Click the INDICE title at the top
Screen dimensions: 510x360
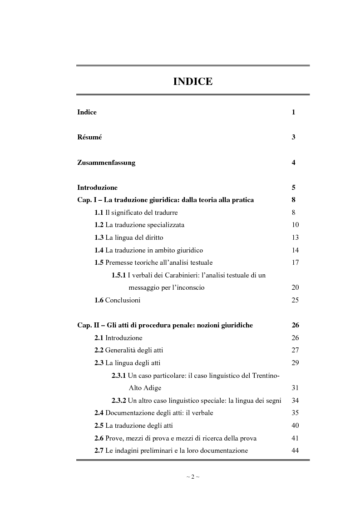coord(193,82)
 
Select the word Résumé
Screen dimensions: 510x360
coord(89,137)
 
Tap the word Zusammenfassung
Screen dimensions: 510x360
coord(106,163)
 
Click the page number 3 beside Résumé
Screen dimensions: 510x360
coord(294,137)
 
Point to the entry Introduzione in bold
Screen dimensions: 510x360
coord(97,188)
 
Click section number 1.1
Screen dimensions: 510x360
coord(99,213)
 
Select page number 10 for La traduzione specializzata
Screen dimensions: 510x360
coord(295,225)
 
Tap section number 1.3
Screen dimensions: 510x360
coord(99,238)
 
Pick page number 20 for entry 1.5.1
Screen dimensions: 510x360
coord(295,287)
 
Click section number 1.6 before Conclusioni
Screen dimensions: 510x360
coord(99,300)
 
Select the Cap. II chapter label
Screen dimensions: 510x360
coord(89,325)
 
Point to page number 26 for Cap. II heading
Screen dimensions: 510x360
coord(295,325)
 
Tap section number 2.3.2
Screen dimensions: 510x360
coord(119,401)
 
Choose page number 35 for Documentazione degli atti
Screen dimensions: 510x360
coord(295,413)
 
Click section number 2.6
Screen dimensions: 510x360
coord(99,438)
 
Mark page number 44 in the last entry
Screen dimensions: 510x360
coord(295,451)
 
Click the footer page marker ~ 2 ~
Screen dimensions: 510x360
coord(193,477)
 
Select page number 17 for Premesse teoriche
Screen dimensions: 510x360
coord(295,262)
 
